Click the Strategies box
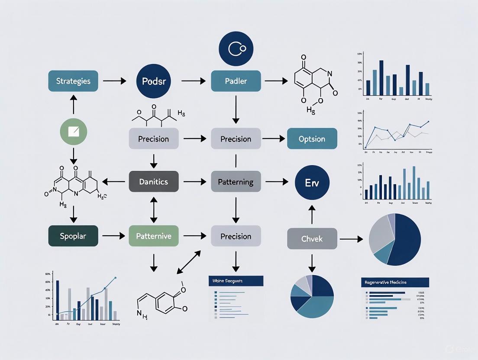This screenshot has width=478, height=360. pyautogui.click(x=73, y=81)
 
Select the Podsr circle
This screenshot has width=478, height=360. pyautogui.click(x=154, y=81)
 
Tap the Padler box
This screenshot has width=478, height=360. pyautogui.click(x=236, y=81)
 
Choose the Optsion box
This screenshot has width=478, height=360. pyautogui.click(x=312, y=139)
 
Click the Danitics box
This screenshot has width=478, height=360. pyautogui.click(x=154, y=182)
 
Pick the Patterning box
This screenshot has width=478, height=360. pyautogui.click(x=236, y=182)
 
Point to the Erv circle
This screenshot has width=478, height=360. pyautogui.click(x=312, y=182)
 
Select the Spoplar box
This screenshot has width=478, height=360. pyautogui.click(x=73, y=236)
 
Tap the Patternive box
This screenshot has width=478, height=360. pyautogui.click(x=154, y=236)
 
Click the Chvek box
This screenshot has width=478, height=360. pyautogui.click(x=312, y=238)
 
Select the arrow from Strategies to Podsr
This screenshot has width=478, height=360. pyautogui.click(x=115, y=81)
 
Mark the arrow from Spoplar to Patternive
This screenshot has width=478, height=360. pyautogui.click(x=114, y=236)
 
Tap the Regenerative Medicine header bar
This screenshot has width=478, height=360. pyautogui.click(x=394, y=283)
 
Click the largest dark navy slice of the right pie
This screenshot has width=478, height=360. pyautogui.click(x=405, y=240)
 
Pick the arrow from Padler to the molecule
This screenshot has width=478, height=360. pyautogui.click(x=276, y=81)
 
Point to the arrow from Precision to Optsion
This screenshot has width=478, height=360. pyautogui.click(x=273, y=139)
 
